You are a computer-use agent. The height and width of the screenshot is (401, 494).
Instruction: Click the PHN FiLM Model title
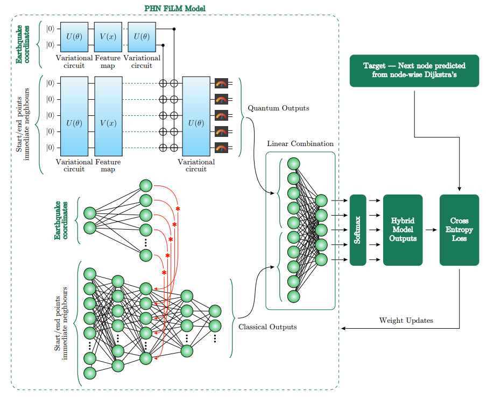[x=175, y=9]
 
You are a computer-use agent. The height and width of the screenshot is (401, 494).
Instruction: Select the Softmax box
[x=358, y=230]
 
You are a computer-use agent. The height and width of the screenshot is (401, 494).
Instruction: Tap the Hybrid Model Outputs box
[x=403, y=230]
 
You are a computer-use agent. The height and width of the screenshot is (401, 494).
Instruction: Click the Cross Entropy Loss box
[x=459, y=230]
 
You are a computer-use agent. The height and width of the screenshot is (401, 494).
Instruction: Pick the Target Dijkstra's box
[x=414, y=71]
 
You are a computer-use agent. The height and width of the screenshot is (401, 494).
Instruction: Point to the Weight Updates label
[x=406, y=321]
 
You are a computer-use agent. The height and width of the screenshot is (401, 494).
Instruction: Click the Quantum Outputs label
[x=278, y=108]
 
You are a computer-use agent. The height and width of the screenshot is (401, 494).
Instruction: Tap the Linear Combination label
[x=300, y=144]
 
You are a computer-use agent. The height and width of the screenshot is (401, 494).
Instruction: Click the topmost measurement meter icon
[x=221, y=83]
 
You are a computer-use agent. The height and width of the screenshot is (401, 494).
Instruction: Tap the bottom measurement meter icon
[x=221, y=147]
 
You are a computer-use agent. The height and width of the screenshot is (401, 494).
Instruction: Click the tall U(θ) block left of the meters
[x=196, y=123]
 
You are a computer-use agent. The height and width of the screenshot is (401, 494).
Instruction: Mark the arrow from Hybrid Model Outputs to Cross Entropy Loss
[x=431, y=230]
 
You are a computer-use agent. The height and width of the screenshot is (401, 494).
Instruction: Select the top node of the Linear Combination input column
[x=293, y=164]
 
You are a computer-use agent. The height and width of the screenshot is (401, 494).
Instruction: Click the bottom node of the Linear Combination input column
[x=293, y=296]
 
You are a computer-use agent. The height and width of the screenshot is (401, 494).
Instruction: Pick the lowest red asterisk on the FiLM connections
[x=164, y=273]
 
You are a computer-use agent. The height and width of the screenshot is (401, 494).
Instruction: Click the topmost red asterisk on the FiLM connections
[x=177, y=208]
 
